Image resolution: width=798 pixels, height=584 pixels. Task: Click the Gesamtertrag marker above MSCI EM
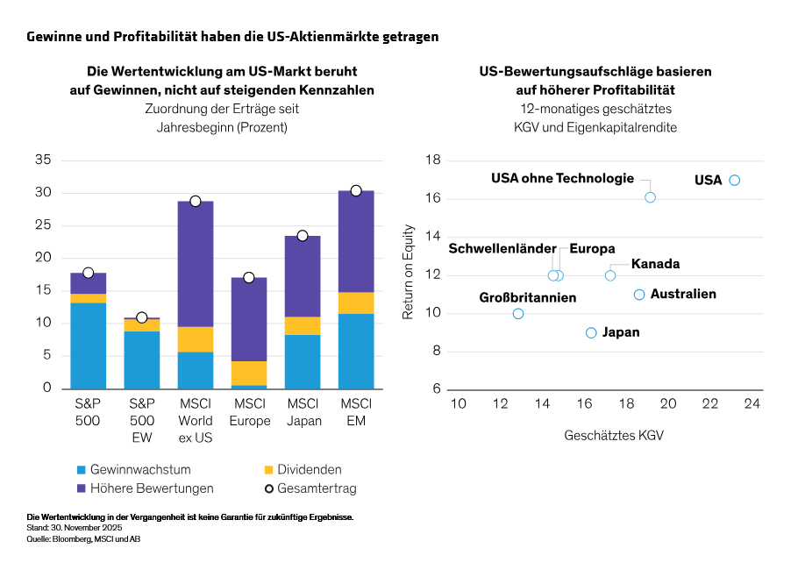click(356, 190)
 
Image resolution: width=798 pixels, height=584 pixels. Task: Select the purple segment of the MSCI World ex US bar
click(196, 263)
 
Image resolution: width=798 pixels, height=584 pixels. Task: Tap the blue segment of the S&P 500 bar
click(89, 345)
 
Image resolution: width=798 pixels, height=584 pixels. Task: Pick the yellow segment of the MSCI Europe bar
click(249, 373)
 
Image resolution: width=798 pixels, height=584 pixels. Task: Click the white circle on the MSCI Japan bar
click(303, 236)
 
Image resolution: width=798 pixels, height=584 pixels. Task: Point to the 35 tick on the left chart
click(43, 160)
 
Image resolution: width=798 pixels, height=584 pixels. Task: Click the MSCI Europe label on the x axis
click(249, 412)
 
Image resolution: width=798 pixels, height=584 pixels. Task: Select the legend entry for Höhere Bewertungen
click(145, 488)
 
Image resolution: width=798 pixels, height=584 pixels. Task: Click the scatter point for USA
click(735, 180)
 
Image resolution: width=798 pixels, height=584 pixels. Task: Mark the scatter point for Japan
click(591, 332)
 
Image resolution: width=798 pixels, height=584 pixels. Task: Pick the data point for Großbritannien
click(518, 313)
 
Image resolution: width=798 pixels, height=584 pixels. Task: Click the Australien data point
click(639, 295)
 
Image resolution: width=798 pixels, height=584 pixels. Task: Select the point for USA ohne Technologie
click(650, 197)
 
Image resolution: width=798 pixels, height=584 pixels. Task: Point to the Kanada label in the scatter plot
click(655, 264)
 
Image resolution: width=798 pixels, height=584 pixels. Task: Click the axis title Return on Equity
click(408, 275)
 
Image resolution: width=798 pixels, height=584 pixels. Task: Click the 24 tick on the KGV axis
click(752, 403)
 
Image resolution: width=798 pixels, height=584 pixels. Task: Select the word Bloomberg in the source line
click(67, 539)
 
